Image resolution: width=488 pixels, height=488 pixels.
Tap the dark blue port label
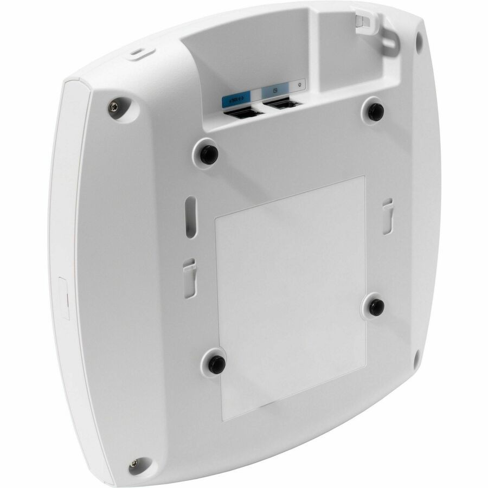pos(237,99)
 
